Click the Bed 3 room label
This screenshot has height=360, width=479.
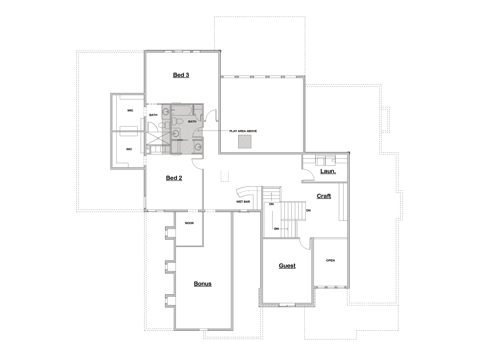click(181, 75)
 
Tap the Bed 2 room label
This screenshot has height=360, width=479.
click(174, 178)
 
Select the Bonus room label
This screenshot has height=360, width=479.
click(202, 284)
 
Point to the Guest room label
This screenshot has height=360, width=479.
click(287, 266)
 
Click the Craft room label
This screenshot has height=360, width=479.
click(324, 196)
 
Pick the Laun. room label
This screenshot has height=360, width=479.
click(327, 171)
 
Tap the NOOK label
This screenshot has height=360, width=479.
click(189, 223)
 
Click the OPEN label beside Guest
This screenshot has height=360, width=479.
click(331, 261)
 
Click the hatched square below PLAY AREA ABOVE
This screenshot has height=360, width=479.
click(244, 141)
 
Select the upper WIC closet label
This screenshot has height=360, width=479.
click(130, 110)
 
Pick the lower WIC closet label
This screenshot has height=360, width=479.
click(129, 149)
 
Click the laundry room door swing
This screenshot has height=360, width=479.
click(308, 175)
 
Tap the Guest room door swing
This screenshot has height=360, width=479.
click(305, 243)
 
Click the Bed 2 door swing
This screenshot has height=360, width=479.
click(197, 164)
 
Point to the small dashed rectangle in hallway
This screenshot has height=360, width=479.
click(225, 175)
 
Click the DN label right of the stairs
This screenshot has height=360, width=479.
click(308, 211)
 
